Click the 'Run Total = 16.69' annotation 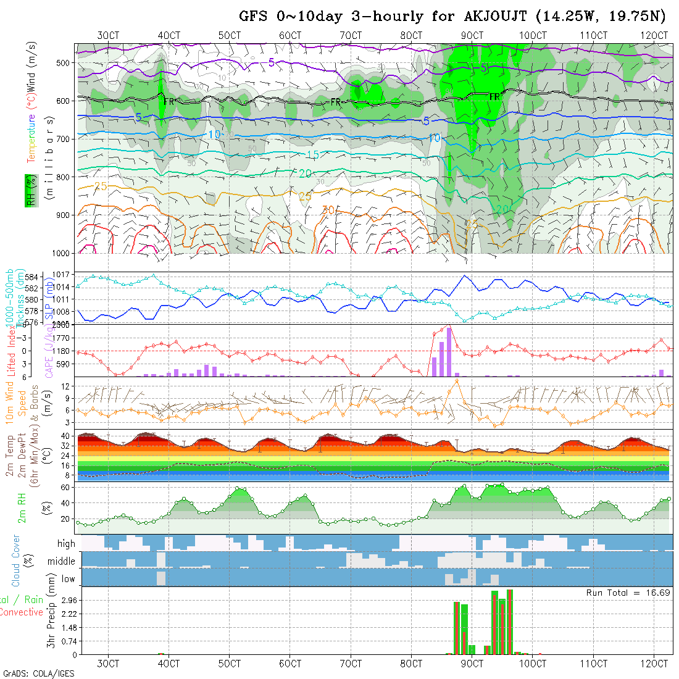tap(628, 593)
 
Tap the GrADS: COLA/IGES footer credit tap(38, 673)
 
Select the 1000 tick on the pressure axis tap(62, 253)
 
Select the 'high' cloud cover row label tap(66, 544)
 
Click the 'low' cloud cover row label tap(68, 578)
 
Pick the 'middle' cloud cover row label tap(61, 561)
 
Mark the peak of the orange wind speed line tap(457, 380)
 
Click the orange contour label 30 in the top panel tap(328, 210)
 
